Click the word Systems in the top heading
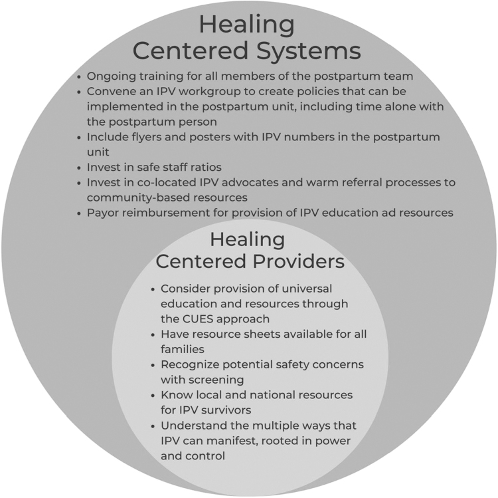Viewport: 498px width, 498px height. tap(303, 52)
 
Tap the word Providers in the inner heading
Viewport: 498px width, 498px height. tap(299, 261)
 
